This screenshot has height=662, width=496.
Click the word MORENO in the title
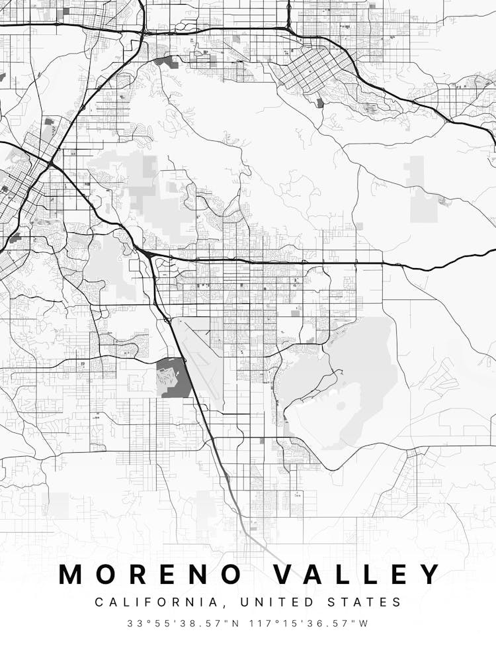(x=151, y=574)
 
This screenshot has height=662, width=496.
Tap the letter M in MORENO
(x=71, y=574)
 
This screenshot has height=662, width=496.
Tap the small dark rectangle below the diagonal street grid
(x=321, y=103)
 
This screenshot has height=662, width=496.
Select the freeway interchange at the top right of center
(x=289, y=28)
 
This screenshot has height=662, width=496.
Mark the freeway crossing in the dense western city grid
(x=51, y=163)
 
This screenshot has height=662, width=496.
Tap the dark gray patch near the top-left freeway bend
(x=167, y=62)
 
